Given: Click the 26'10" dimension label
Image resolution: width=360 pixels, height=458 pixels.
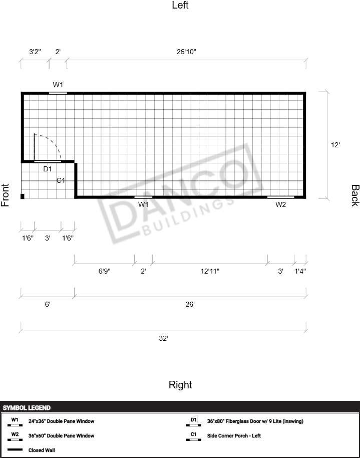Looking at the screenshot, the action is point(186,52).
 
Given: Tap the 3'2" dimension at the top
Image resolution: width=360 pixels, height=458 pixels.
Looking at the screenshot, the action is point(35,52).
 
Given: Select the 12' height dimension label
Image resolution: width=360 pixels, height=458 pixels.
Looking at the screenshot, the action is point(335,145).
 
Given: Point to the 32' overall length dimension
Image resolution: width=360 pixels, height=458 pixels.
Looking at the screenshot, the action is point(163,338).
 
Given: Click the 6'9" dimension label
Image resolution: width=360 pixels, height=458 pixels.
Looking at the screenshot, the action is point(104,271).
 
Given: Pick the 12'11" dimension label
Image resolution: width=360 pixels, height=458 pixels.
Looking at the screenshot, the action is point(210,271).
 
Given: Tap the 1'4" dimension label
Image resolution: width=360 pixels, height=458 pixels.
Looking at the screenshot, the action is point(300,271).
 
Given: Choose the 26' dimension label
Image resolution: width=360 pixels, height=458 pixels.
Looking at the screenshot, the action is point(190,304).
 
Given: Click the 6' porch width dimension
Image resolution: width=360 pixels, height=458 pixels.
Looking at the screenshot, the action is point(48,304).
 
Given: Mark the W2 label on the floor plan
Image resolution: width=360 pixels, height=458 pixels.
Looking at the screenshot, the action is point(280,205).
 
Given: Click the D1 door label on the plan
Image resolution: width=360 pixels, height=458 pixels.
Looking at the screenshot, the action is point(48,169).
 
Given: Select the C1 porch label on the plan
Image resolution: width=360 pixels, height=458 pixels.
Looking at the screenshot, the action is point(61,180).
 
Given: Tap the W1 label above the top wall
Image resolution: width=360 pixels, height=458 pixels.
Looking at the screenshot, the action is point(58,85).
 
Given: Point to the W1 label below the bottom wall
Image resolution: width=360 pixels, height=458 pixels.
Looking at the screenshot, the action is point(143,204).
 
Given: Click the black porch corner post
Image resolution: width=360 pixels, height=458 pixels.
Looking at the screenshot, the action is point(23,196).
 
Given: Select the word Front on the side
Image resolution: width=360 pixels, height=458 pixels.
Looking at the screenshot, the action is point(5,195).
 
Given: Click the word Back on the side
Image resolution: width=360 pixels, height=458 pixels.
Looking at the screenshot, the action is point(355,195).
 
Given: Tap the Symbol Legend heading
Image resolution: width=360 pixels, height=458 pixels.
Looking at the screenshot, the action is point(27,408).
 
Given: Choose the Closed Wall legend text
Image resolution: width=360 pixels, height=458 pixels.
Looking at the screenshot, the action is point(42,450).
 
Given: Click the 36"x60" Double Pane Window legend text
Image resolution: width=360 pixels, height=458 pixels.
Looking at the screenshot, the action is point(61,435).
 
